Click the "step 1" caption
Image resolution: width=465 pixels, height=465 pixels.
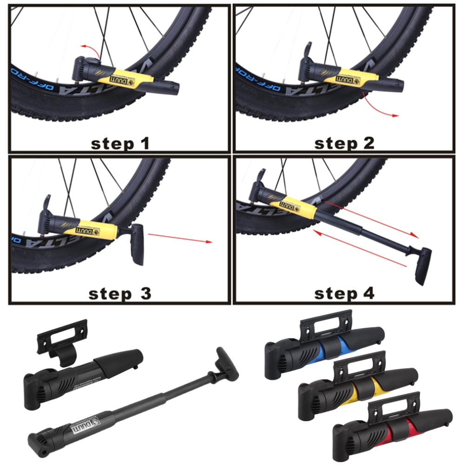click(120, 143)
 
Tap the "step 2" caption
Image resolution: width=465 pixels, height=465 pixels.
click(344, 143)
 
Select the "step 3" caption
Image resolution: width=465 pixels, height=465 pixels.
click(120, 294)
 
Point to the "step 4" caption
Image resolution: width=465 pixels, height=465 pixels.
click(344, 294)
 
